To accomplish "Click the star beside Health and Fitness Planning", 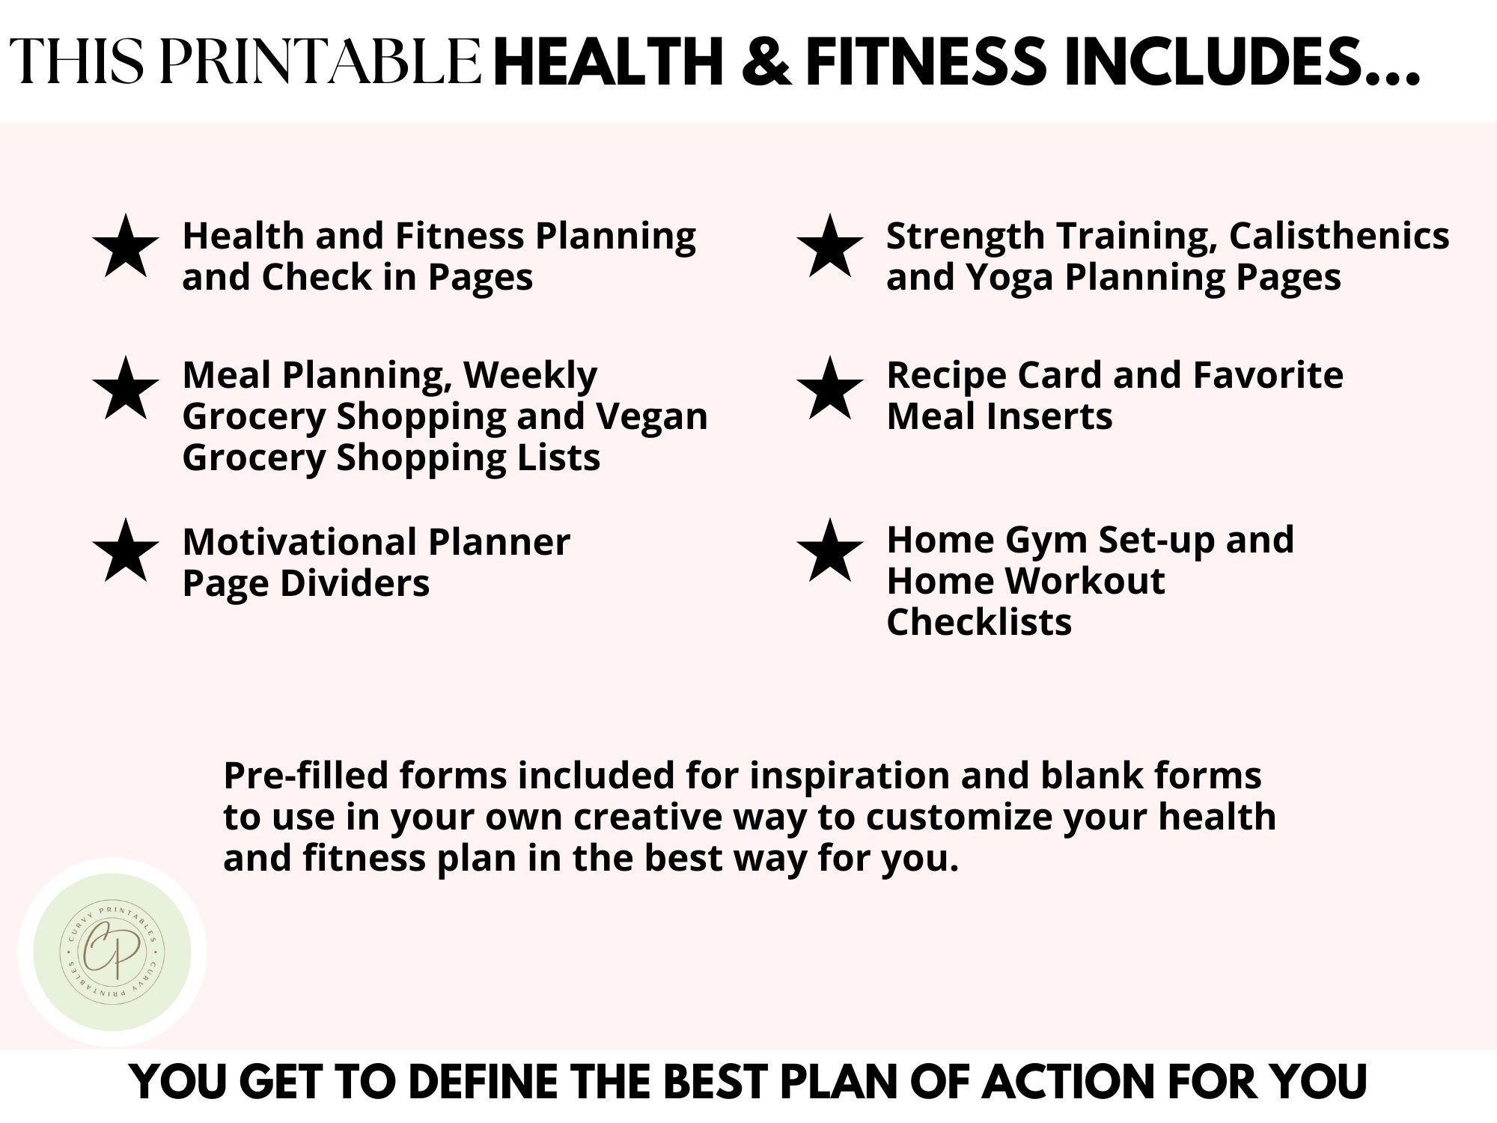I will click(126, 247).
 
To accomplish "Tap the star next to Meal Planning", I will click(126, 389).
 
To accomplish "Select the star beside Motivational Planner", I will click(126, 552).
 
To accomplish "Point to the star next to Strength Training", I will click(829, 247).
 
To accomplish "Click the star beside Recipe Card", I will click(829, 389).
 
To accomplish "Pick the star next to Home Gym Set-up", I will click(829, 552).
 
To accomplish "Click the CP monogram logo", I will click(112, 952).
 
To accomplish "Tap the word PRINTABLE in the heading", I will click(320, 61).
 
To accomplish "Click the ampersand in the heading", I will click(766, 61).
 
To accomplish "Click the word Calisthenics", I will click(1338, 236).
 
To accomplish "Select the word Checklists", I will click(979, 622).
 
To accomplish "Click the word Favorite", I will click(1268, 375).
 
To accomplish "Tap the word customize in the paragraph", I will click(959, 817).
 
